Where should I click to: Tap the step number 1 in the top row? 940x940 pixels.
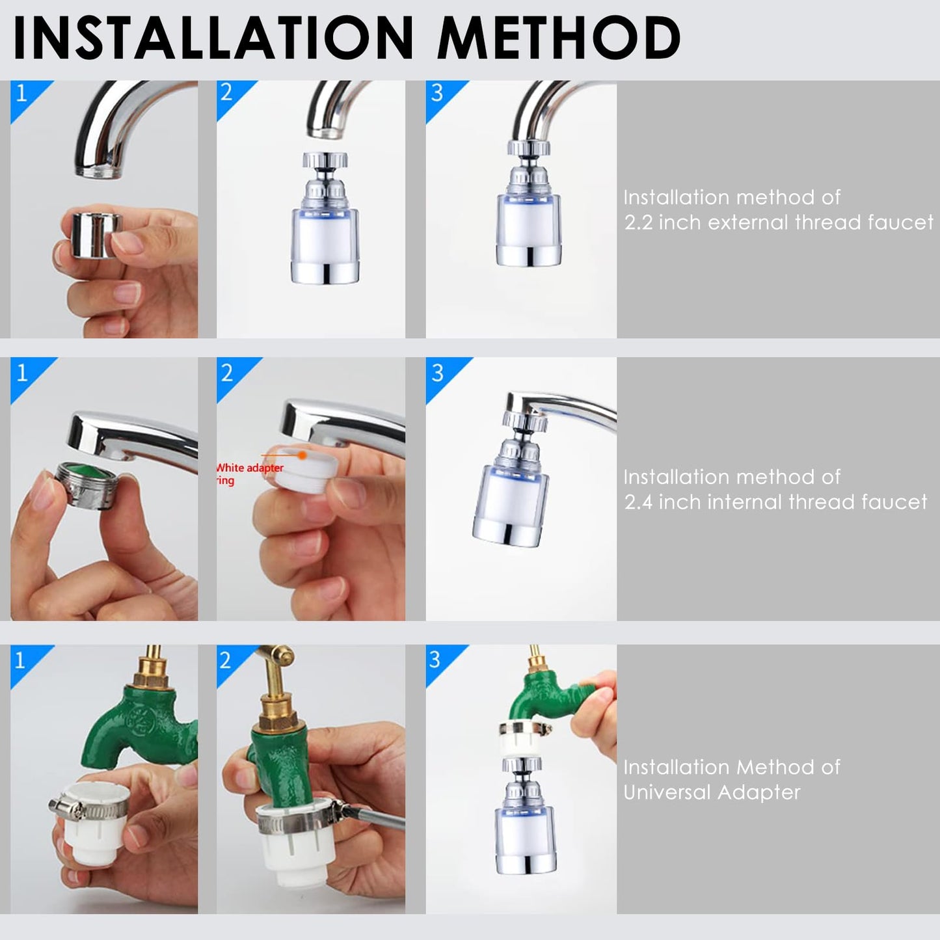(21, 94)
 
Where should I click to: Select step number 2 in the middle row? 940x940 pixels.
(227, 373)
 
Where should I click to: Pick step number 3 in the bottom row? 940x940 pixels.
(436, 660)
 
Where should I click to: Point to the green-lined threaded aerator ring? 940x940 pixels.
(81, 479)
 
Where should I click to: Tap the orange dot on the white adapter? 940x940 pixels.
(302, 456)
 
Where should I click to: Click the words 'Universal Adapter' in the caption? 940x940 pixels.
(712, 792)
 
